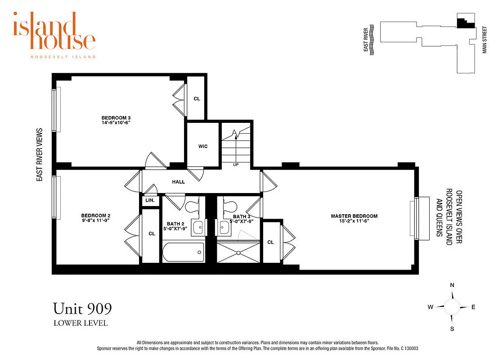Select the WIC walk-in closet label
pos(203,146)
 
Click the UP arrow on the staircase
pos(235,139)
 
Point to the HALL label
pos(179,182)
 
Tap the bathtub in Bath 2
pos(182,252)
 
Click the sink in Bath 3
pos(223,228)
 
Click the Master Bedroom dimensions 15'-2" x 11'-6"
pos(354,221)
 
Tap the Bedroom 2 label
pos(95,215)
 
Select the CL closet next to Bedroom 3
pos(197,99)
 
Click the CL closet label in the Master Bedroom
pos(270,242)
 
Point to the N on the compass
pos(452,285)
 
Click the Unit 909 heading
pos(82,309)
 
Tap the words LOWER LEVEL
pos(81,323)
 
